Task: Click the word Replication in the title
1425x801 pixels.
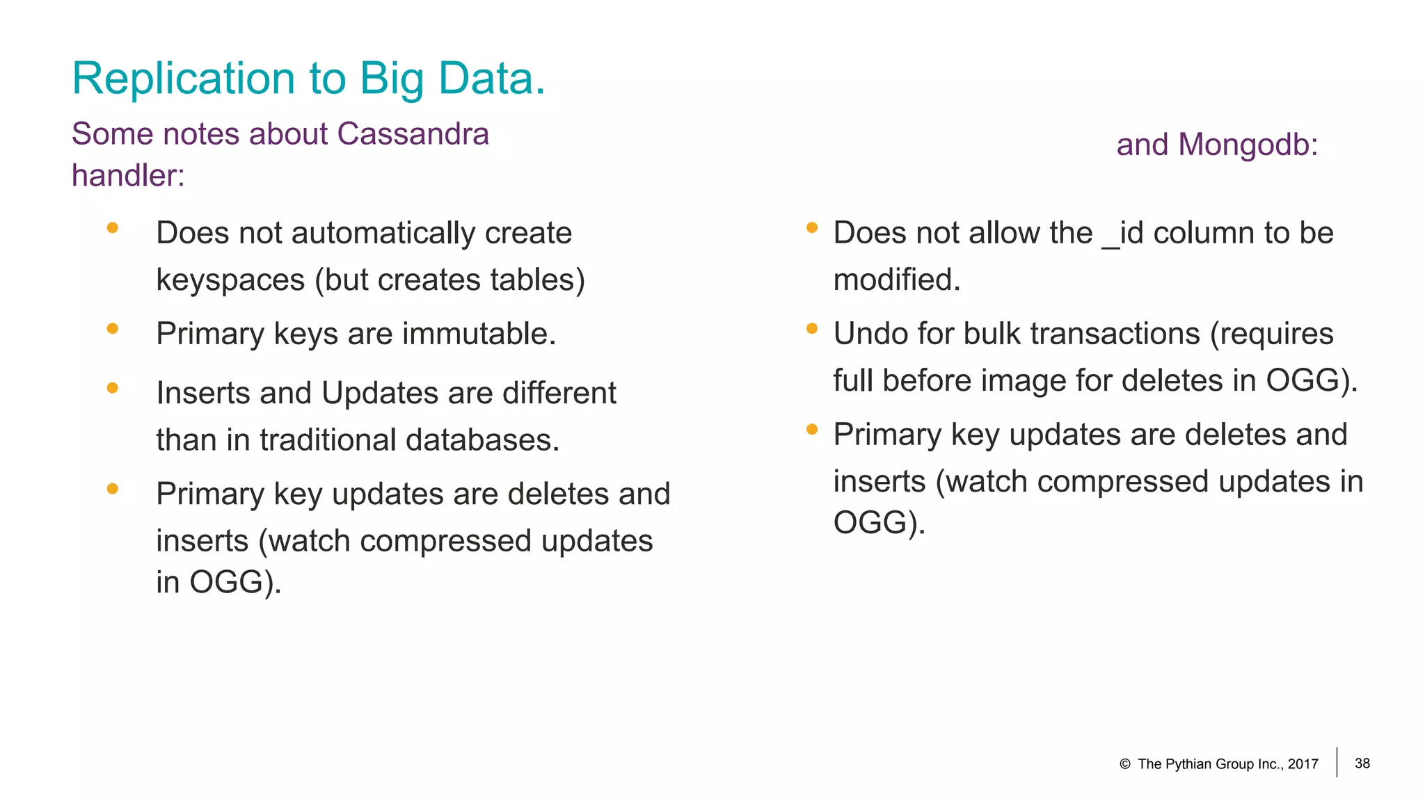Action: click(184, 79)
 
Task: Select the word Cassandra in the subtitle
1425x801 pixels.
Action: click(413, 133)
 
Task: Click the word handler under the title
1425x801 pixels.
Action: click(127, 175)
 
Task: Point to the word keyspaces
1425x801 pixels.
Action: click(230, 280)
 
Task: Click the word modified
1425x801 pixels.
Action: click(896, 280)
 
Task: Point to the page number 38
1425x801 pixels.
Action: click(1362, 763)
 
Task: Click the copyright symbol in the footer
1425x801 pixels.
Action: click(1125, 764)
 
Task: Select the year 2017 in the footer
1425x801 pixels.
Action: click(1303, 764)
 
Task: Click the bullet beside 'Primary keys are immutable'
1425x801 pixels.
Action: click(113, 329)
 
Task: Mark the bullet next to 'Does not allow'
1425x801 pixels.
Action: click(811, 227)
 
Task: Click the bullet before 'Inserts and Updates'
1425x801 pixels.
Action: click(113, 388)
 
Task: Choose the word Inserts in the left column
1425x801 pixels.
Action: click(203, 394)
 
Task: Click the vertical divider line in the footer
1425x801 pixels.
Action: click(1337, 762)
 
